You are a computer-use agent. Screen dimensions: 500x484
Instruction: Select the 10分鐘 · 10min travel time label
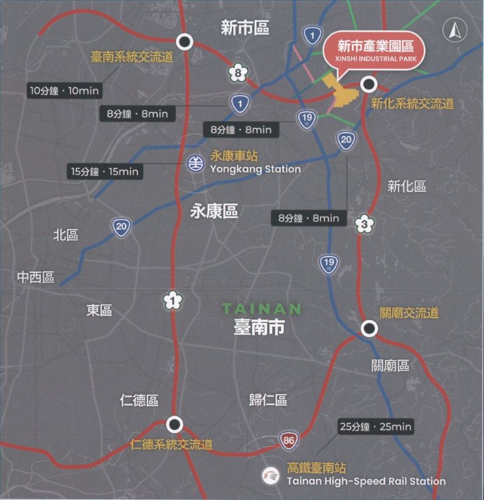point(65,90)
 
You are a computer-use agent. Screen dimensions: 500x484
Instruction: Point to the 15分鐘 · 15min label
point(105,172)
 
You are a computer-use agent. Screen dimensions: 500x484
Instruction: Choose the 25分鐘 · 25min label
point(375,427)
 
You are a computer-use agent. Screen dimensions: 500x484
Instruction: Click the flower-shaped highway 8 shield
point(238,74)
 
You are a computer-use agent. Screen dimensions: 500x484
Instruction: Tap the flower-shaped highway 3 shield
point(364,224)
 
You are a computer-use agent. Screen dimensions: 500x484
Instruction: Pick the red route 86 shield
point(289,440)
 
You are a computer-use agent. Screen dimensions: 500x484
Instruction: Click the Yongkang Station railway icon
point(195,163)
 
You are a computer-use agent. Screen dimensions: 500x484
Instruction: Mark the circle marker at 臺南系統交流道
point(185,41)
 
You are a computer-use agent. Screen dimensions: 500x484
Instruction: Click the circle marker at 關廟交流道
point(368,329)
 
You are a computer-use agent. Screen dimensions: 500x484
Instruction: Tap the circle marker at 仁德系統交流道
point(175,424)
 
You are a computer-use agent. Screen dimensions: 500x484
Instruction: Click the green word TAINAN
point(261,309)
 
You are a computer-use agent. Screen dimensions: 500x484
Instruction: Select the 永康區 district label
point(214,211)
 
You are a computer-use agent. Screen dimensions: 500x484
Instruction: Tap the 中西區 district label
point(36,278)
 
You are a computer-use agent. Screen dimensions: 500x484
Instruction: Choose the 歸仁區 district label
point(268,400)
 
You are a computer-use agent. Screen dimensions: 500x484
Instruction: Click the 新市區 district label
point(245,27)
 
